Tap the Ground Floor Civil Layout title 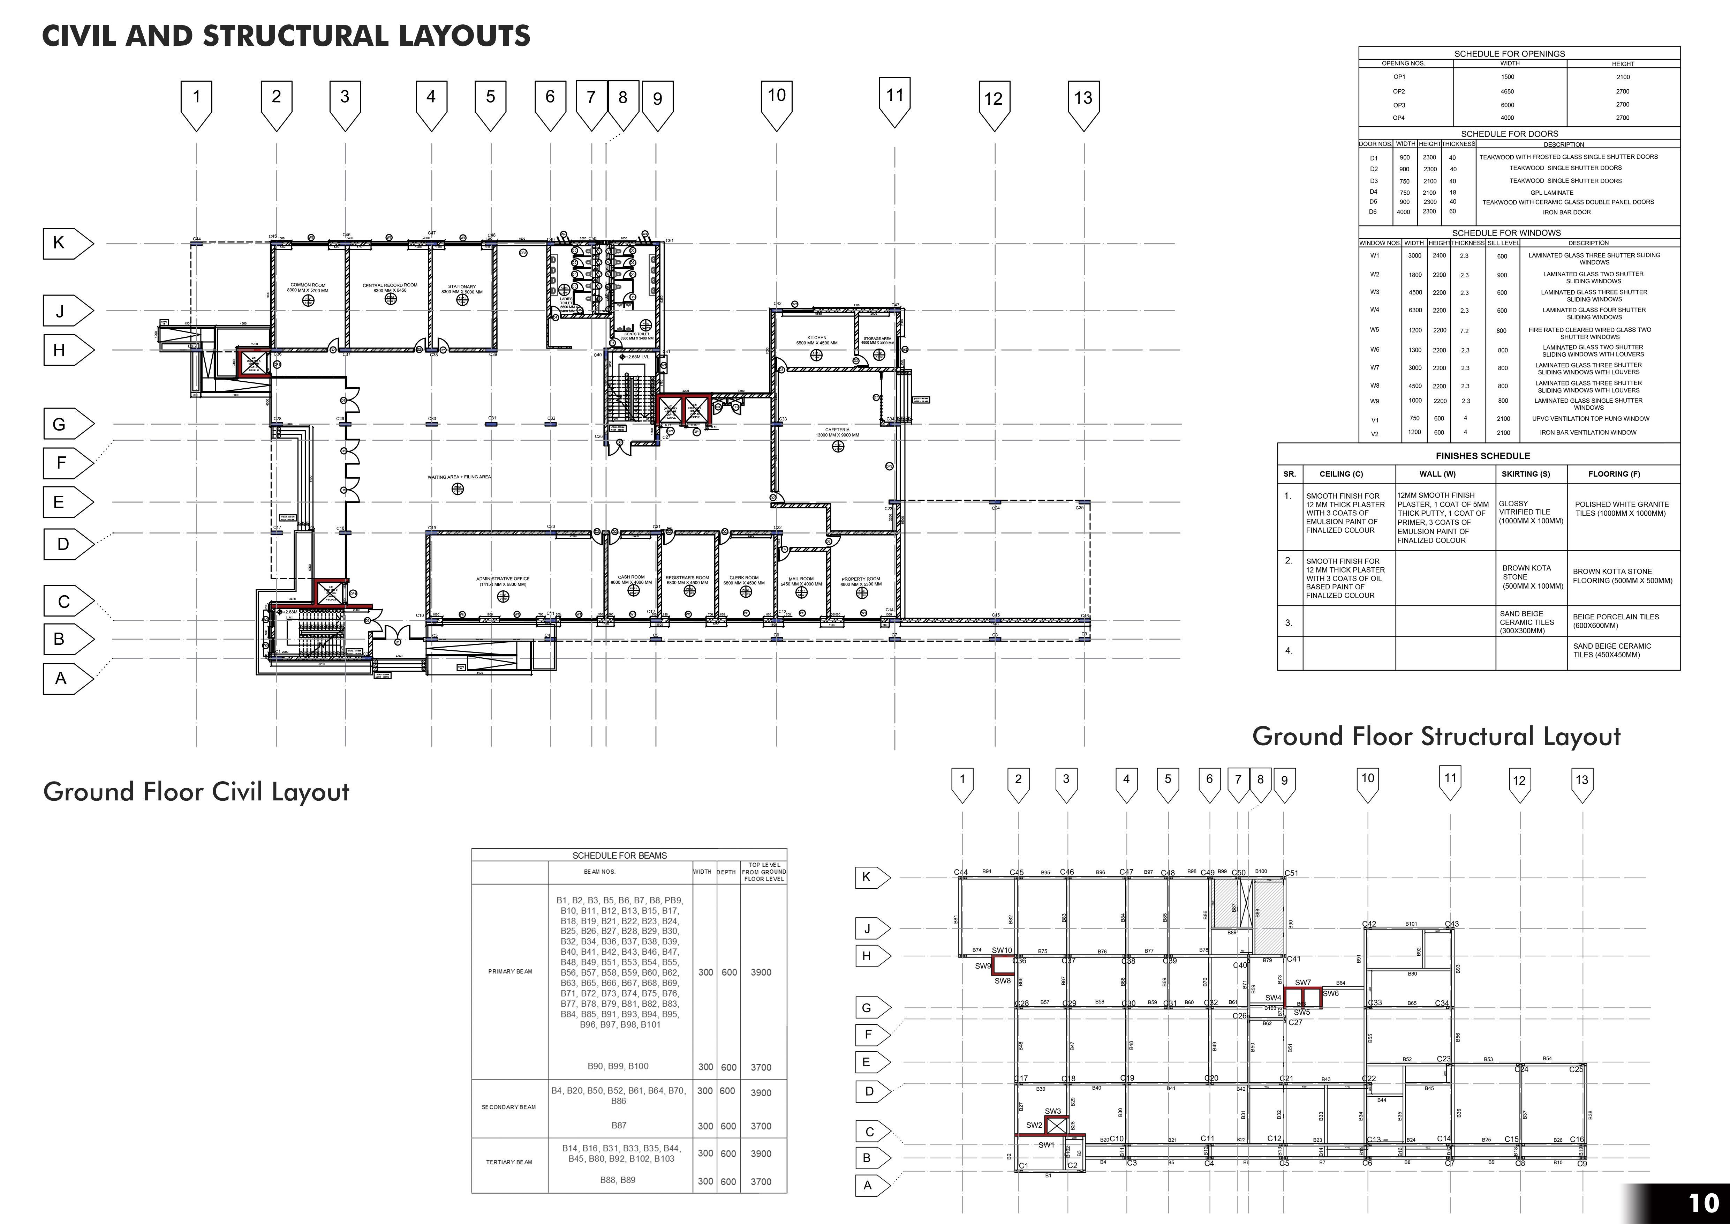[196, 792]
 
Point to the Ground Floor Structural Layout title [1436, 736]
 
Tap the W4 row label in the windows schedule [1374, 310]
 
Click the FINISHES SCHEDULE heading [1482, 456]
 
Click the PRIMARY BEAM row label [510, 971]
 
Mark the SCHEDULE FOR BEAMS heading [619, 856]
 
